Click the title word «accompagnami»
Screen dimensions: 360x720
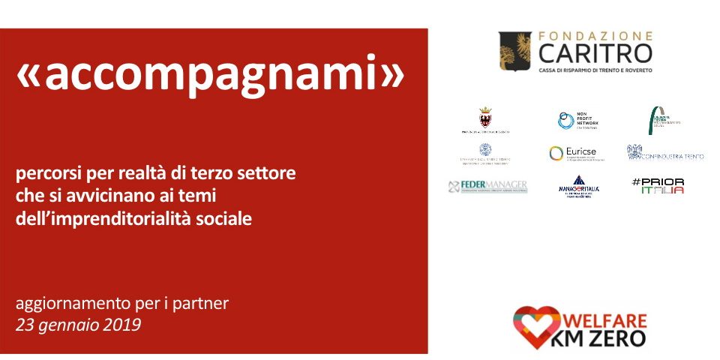[x=210, y=75]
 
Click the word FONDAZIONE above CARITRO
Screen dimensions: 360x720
[x=595, y=35]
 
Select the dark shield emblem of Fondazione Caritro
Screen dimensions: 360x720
[x=516, y=51]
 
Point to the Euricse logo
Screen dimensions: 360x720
[x=573, y=153]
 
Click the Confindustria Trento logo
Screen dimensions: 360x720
[x=665, y=153]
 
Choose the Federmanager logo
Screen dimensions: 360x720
[x=487, y=186]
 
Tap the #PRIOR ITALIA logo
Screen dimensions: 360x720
[x=658, y=186]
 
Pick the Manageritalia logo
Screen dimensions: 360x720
[x=579, y=186]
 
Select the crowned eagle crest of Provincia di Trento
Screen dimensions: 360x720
[x=485, y=117]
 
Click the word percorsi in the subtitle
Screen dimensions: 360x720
[x=47, y=174]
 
